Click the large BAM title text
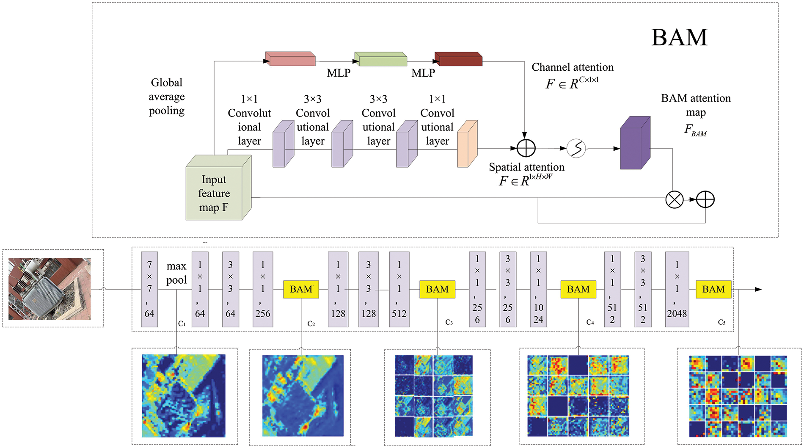click(679, 37)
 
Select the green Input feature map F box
click(214, 193)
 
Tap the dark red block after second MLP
click(459, 60)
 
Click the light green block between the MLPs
click(380, 60)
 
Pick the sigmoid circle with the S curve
click(576, 149)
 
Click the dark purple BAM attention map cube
click(635, 143)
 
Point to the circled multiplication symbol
click(674, 199)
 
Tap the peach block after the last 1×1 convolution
click(467, 144)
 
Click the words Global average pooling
click(167, 97)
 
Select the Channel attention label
click(572, 67)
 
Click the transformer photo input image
click(50, 289)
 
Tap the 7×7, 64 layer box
click(149, 289)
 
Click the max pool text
click(176, 273)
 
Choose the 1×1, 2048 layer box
click(677, 289)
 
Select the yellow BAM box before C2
click(301, 289)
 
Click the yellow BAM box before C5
click(713, 289)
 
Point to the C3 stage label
click(449, 323)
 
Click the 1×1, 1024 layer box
click(538, 289)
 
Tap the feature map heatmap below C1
click(184, 395)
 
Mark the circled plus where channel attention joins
click(526, 149)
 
